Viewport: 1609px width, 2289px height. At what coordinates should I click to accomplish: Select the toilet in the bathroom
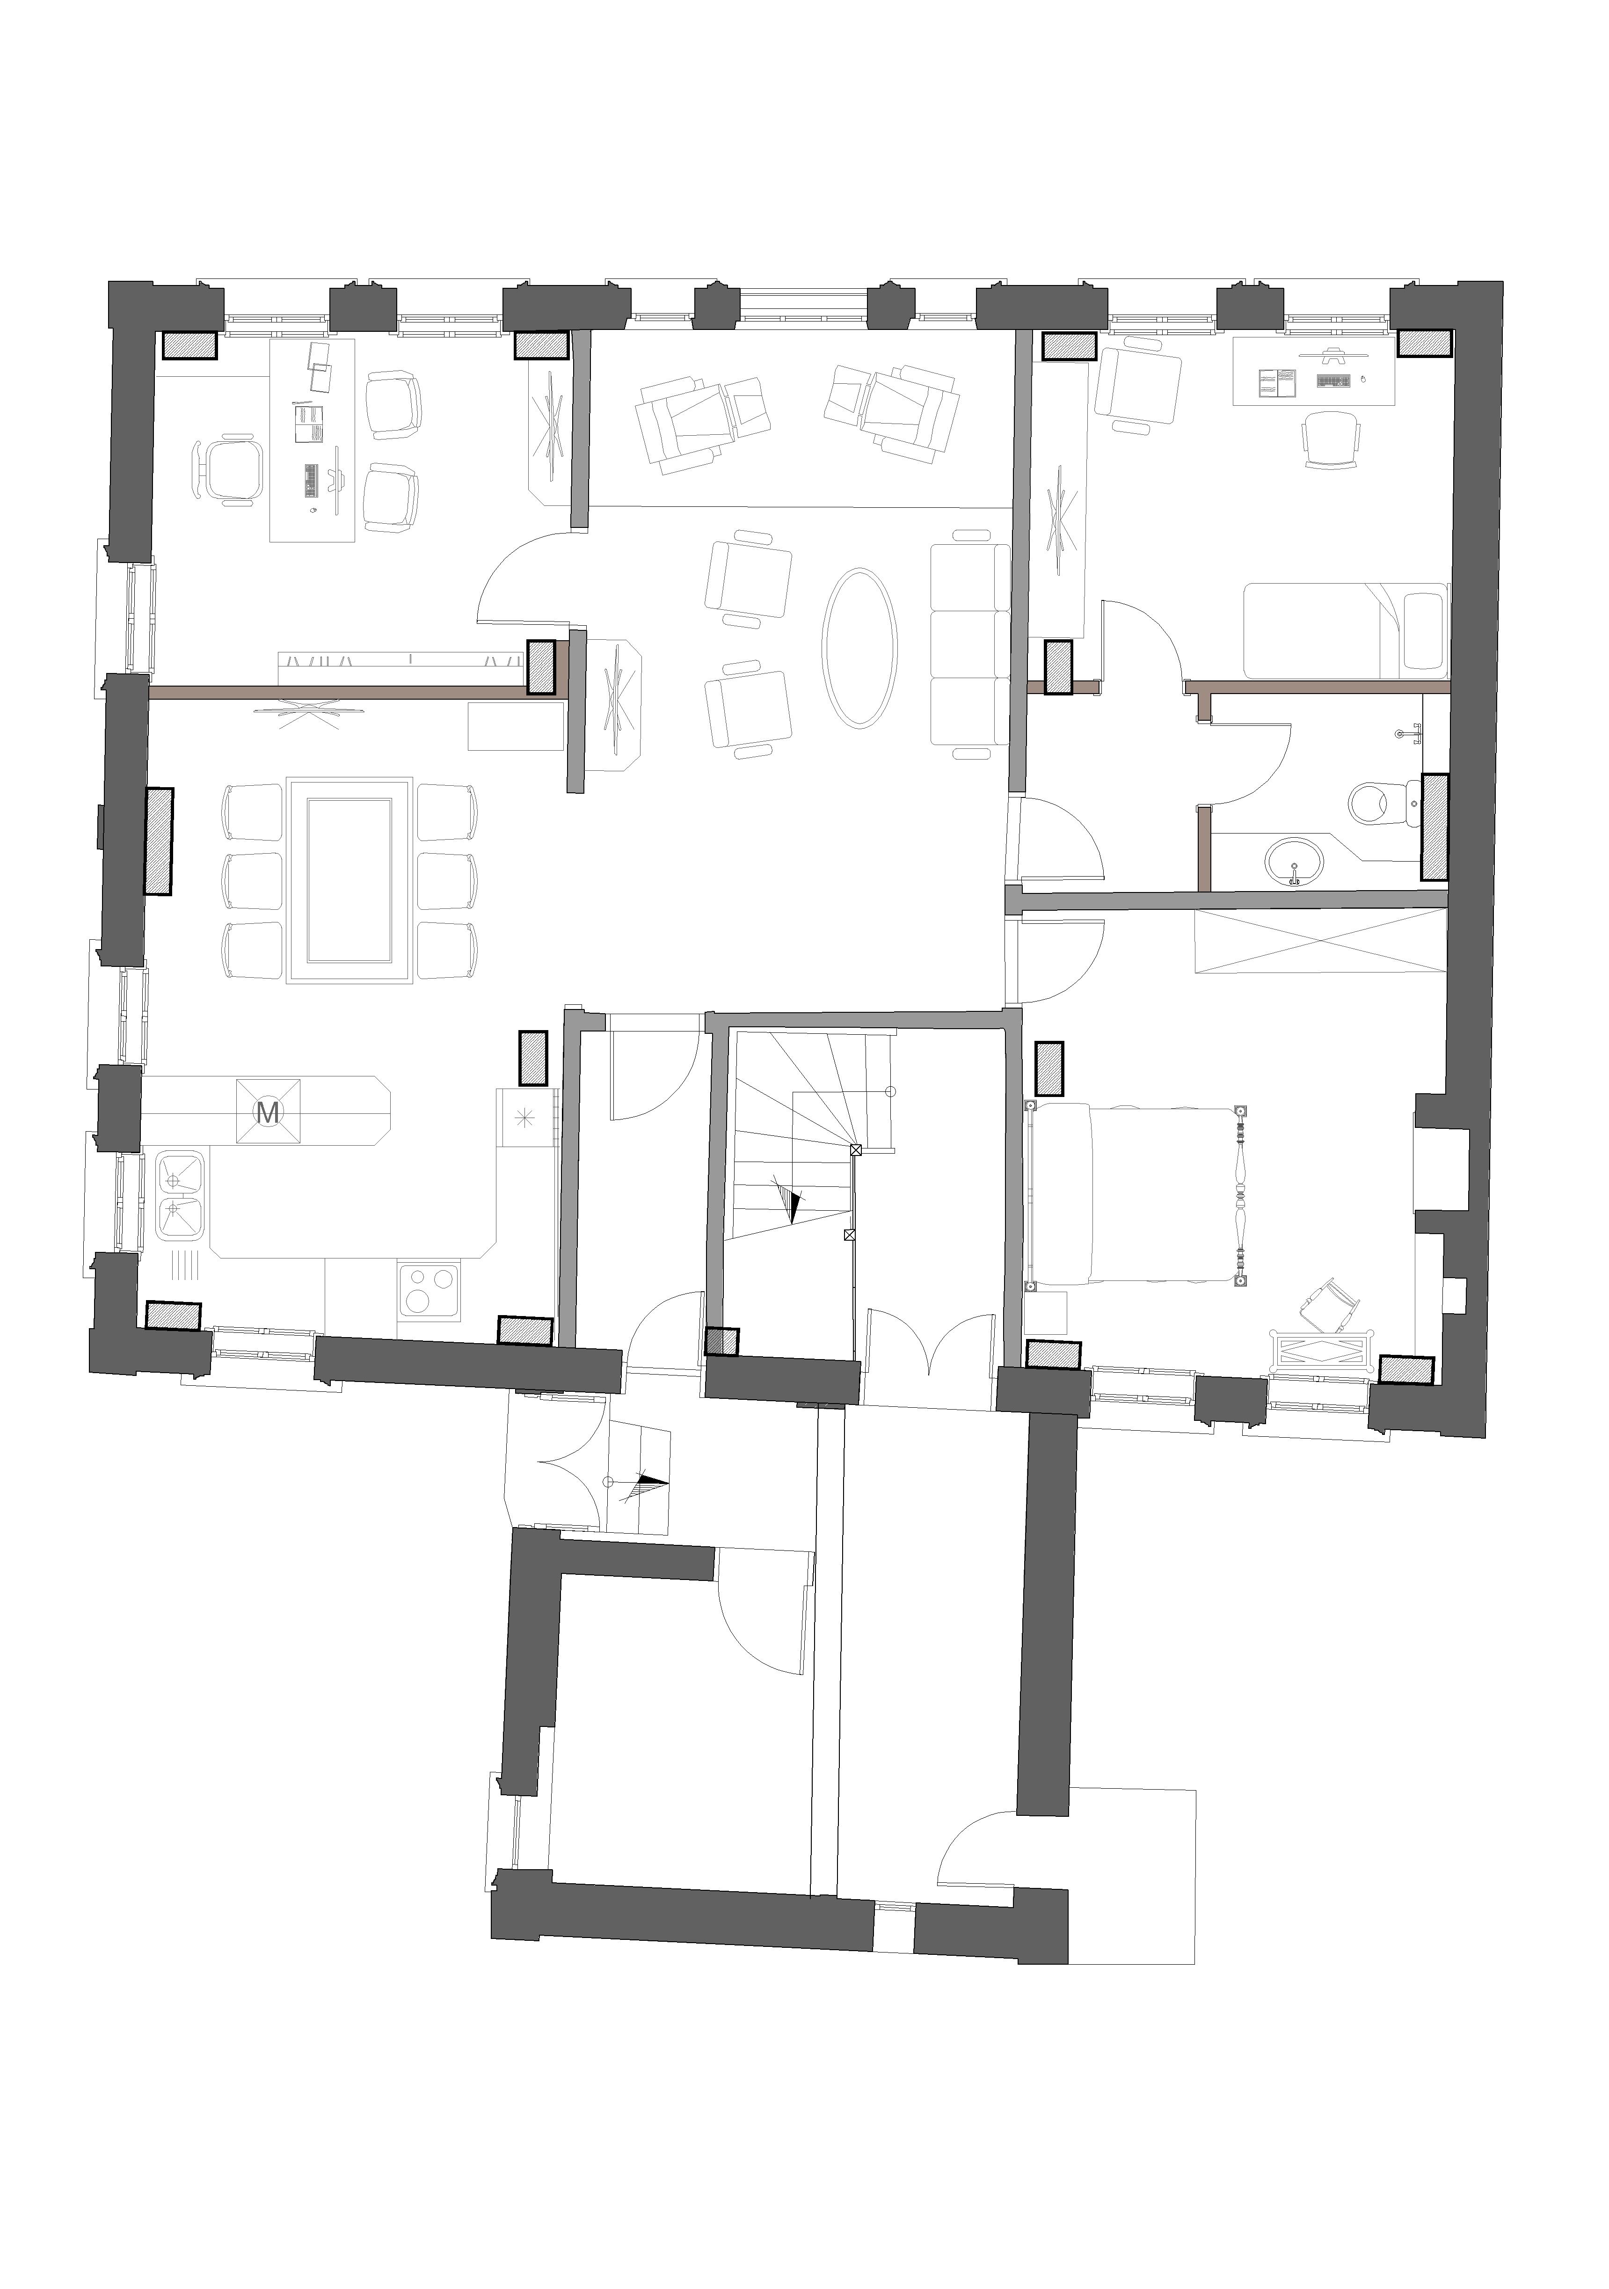click(x=1385, y=799)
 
